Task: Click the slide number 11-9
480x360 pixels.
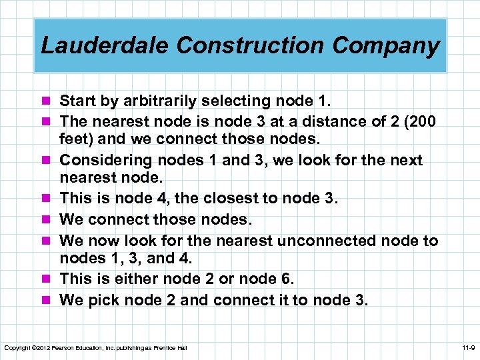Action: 468,349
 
